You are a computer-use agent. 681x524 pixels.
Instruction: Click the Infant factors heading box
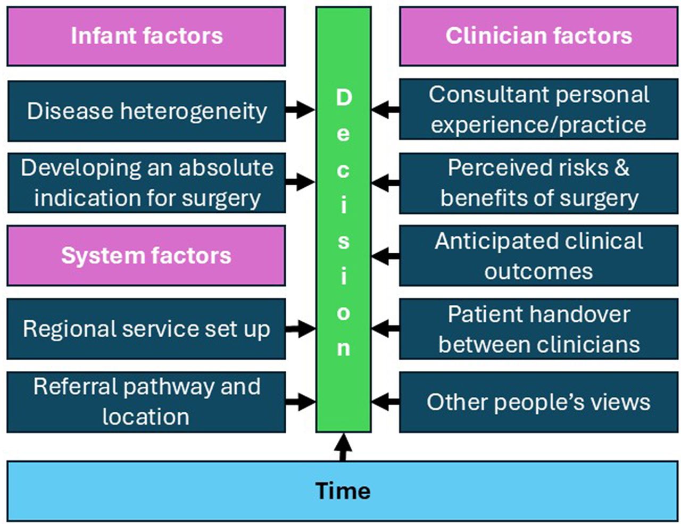click(x=146, y=36)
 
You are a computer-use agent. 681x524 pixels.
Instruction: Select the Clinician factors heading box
click(x=539, y=36)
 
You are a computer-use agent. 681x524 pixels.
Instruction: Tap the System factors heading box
click(x=146, y=255)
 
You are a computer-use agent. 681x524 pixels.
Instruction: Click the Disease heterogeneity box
click(x=146, y=111)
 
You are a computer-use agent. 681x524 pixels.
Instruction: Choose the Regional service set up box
click(x=146, y=329)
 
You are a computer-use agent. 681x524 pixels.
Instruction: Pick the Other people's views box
click(x=539, y=402)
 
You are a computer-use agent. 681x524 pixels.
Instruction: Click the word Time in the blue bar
click(x=343, y=490)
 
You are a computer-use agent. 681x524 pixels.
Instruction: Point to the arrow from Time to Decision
click(x=343, y=447)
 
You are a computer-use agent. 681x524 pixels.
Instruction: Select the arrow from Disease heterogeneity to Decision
click(x=300, y=110)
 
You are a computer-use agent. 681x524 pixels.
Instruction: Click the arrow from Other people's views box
click(x=386, y=402)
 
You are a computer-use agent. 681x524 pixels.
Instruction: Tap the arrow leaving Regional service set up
click(x=300, y=329)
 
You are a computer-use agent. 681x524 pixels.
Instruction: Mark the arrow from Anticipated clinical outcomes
click(x=386, y=256)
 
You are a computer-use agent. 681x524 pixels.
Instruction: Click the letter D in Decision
click(x=344, y=97)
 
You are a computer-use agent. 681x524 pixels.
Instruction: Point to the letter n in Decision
click(x=344, y=348)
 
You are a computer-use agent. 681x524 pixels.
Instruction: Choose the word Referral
click(x=76, y=387)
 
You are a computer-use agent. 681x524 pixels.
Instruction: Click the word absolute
click(x=226, y=168)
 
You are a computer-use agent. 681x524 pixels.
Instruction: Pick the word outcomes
click(x=539, y=271)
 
